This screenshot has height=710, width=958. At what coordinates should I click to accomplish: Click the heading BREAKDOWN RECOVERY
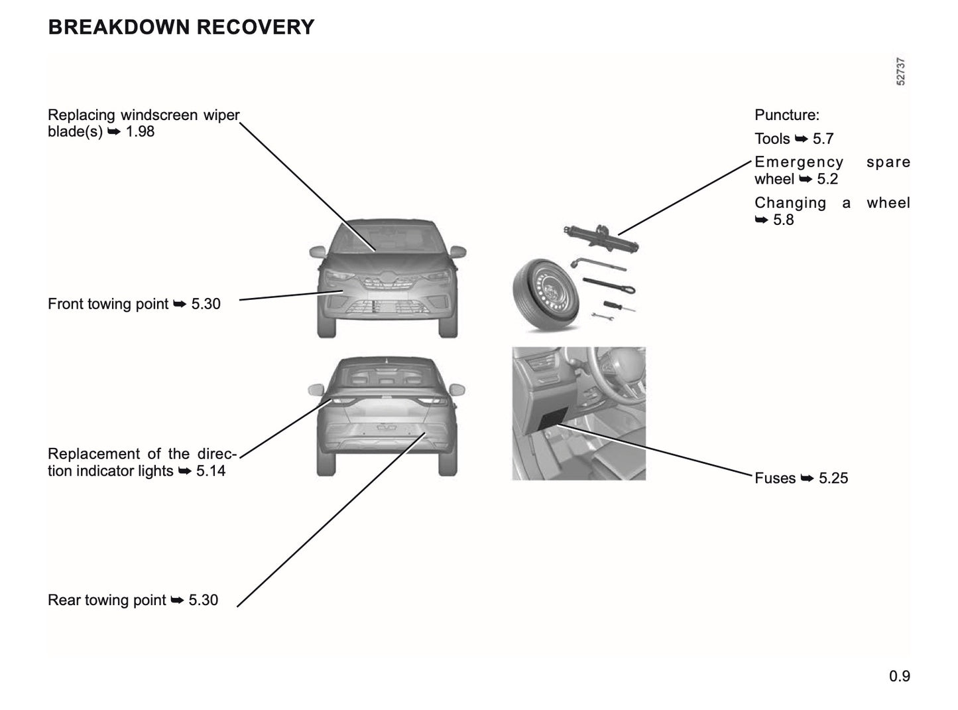pos(181,27)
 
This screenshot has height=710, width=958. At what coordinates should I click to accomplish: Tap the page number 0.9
pos(900,676)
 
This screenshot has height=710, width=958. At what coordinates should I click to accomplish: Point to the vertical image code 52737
pos(900,72)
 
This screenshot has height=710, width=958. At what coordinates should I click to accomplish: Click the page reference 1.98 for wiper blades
pos(140,131)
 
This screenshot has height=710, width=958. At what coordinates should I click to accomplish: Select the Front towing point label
pos(108,304)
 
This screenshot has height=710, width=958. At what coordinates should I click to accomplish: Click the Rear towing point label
pos(107,600)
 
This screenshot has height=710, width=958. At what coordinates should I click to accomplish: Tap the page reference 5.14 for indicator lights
pos(211,471)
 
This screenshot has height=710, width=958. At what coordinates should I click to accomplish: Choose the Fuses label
pos(775,478)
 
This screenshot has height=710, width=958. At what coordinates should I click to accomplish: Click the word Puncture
pos(786,115)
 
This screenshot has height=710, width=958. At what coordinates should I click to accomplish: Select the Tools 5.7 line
pos(794,139)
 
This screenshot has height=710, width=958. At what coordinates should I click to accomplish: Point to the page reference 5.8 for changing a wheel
pos(783,220)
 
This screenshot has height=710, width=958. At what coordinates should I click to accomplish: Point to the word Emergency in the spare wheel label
pos(798,162)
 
